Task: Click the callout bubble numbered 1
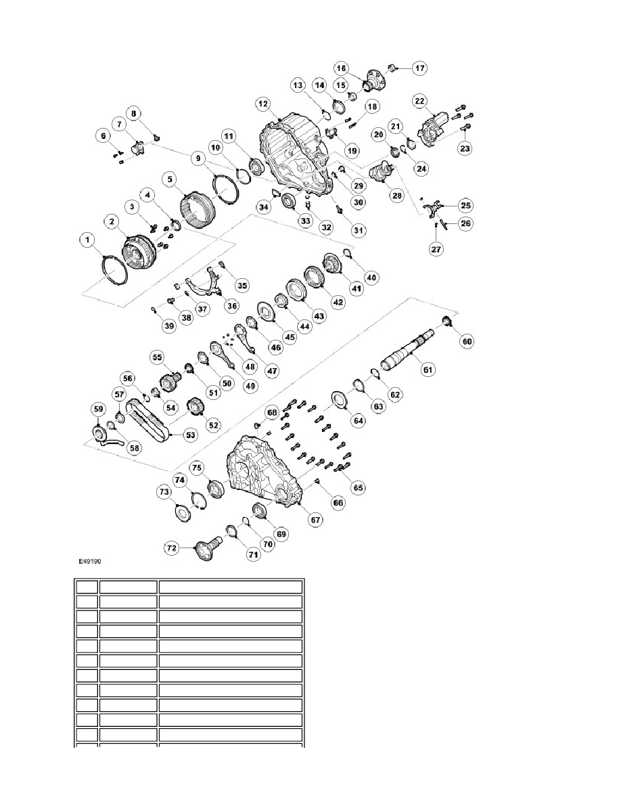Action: (88, 240)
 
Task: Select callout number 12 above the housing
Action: (262, 104)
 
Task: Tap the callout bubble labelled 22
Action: (419, 101)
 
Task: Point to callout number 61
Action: (428, 370)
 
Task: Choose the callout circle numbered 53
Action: (190, 435)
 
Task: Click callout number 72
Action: (172, 548)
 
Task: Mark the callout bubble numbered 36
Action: (232, 306)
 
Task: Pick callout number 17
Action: (419, 68)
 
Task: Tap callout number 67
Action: (315, 520)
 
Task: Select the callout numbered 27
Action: (436, 249)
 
